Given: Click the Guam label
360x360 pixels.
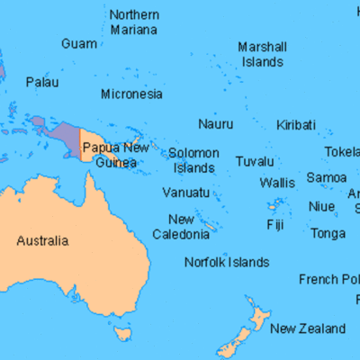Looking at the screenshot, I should (x=79, y=43).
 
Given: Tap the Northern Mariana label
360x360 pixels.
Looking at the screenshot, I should (x=133, y=22).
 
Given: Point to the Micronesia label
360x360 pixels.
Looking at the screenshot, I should (x=131, y=94).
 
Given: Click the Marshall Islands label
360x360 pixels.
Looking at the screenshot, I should (x=262, y=54).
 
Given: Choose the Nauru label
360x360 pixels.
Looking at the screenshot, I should (x=216, y=123).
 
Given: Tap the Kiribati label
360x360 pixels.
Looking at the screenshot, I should (x=296, y=123).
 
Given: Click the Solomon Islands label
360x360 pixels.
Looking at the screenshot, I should (x=193, y=160).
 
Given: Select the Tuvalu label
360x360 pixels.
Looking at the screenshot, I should (x=255, y=161).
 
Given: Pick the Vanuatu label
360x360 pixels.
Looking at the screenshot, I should (x=185, y=193).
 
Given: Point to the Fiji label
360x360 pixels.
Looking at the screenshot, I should (x=275, y=224).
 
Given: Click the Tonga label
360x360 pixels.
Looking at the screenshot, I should (x=327, y=233).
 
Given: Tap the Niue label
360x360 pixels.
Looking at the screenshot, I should (x=321, y=206).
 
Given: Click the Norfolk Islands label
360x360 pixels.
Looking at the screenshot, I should (x=226, y=262).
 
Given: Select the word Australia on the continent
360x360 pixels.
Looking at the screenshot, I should (x=42, y=240).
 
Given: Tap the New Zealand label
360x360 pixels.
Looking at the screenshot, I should (x=307, y=328).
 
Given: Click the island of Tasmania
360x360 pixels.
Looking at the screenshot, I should (x=121, y=335).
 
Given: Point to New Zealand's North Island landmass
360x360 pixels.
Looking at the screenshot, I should (x=259, y=318).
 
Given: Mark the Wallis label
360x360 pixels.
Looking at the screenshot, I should (x=276, y=183).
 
